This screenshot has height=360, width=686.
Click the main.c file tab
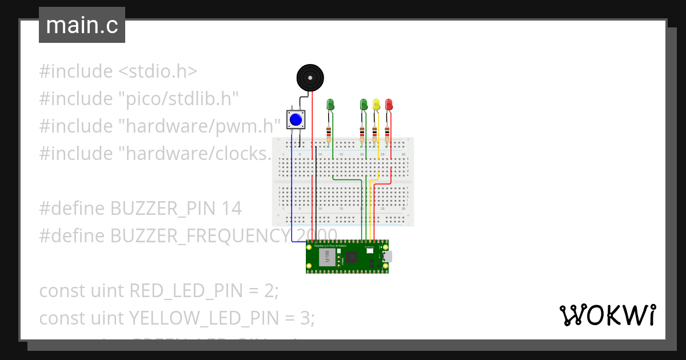pyautogui.click(x=82, y=26)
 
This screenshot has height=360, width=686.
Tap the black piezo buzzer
pyautogui.click(x=309, y=77)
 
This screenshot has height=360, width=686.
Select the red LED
pyautogui.click(x=389, y=105)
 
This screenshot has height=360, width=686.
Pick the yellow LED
pyautogui.click(x=376, y=105)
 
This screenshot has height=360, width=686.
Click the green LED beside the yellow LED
pyautogui.click(x=364, y=105)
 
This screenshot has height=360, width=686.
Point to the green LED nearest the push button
pyautogui.click(x=330, y=105)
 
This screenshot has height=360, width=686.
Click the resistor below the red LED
pyautogui.click(x=388, y=134)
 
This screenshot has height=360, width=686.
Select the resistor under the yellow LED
pyautogui.click(x=375, y=134)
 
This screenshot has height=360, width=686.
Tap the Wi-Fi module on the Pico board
pyautogui.click(x=328, y=255)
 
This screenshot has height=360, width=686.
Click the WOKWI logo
pyautogui.click(x=607, y=315)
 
